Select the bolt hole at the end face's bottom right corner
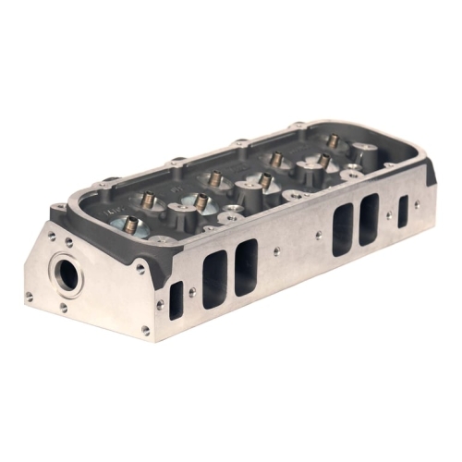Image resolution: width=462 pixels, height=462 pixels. (145, 329)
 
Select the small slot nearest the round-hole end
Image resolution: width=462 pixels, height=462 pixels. (176, 300)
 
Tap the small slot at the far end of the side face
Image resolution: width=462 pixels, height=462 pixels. (403, 211)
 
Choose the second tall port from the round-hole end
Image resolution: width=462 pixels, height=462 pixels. (246, 267)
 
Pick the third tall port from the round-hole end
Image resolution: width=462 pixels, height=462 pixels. (343, 229)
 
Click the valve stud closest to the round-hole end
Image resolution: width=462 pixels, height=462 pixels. (131, 224)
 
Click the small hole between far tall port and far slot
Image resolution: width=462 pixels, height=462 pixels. (388, 216)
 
